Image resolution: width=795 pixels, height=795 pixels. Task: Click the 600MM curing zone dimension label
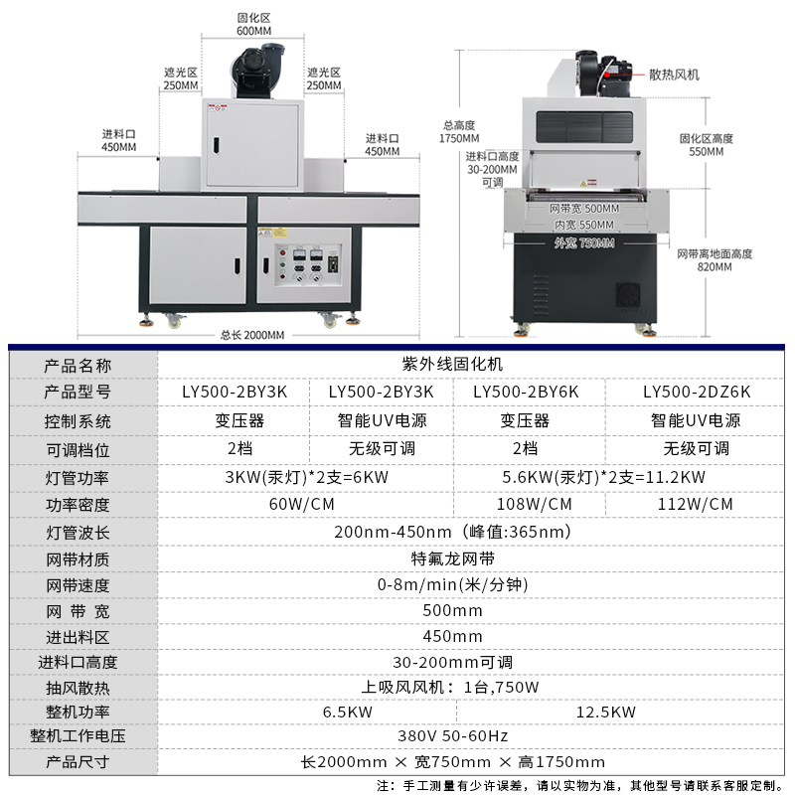click(x=253, y=24)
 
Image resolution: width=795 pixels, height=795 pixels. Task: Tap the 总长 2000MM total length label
click(x=252, y=335)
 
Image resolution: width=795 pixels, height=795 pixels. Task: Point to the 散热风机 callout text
click(x=674, y=76)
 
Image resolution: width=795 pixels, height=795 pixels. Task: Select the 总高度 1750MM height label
click(x=459, y=132)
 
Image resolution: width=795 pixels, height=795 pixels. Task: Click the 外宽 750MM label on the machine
click(x=584, y=243)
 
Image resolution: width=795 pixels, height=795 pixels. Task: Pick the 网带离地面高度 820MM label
click(x=715, y=260)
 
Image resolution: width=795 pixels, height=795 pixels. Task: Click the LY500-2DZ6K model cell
click(x=697, y=392)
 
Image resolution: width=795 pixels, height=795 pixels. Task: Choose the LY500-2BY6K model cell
click(x=526, y=392)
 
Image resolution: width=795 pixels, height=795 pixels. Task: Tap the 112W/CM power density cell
click(x=695, y=504)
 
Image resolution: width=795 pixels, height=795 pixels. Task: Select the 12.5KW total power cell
click(x=605, y=712)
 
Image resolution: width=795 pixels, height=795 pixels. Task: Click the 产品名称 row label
click(x=78, y=366)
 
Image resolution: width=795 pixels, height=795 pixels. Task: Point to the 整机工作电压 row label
click(x=78, y=736)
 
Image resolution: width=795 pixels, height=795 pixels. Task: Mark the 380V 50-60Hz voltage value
click(x=452, y=735)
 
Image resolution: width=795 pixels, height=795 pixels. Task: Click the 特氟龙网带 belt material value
click(x=452, y=558)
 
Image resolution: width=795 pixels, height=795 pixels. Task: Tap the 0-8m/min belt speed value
click(x=452, y=584)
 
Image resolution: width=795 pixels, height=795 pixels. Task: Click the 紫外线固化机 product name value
click(x=452, y=364)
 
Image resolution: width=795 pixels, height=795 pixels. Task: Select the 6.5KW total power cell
click(x=347, y=712)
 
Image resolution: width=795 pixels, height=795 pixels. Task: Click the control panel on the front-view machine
click(x=308, y=264)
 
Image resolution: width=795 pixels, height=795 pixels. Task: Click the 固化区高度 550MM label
click(x=707, y=145)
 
